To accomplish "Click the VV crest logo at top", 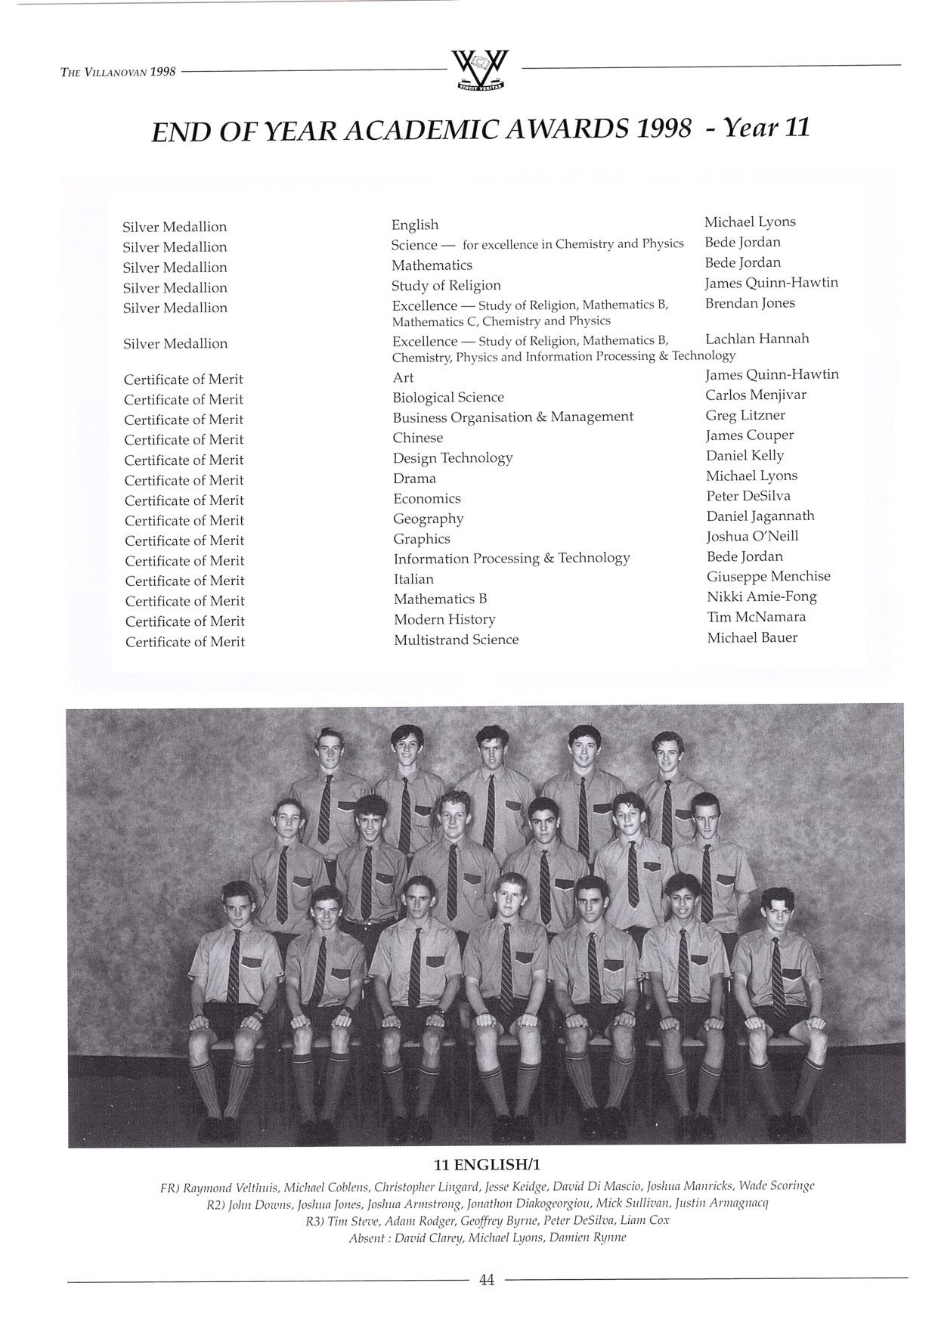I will coord(479,70).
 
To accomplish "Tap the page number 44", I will coord(486,1280).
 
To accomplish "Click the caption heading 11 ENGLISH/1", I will coord(487,1163).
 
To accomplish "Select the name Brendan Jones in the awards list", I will coord(749,303).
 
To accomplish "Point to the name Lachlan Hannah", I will coord(757,339).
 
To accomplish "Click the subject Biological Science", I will coord(447,398).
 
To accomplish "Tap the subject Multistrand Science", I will coord(456,640).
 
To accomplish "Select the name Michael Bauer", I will coord(752,637).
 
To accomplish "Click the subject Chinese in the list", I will coord(417,438).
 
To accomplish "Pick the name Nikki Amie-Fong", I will coord(761,596).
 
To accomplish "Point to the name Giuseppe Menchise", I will coord(768,576).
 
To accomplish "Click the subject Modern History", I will coord(444,619).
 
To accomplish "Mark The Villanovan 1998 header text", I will coord(118,72).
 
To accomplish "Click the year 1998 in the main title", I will coord(663,129).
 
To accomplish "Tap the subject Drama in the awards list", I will coord(414,479).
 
